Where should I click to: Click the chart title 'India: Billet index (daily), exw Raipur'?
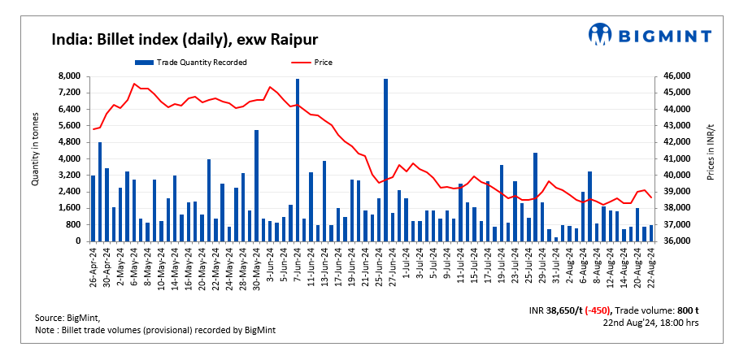tap(185, 39)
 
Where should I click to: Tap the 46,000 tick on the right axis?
tap(678, 76)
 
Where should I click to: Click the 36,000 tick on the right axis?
tap(678, 241)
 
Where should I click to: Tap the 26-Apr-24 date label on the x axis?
tap(94, 268)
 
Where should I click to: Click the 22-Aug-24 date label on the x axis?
tap(651, 268)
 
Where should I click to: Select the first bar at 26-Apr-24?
tap(93, 208)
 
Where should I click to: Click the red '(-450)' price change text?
tap(596, 310)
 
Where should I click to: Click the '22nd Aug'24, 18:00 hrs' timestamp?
tap(651, 323)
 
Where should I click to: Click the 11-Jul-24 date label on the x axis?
tap(461, 268)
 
